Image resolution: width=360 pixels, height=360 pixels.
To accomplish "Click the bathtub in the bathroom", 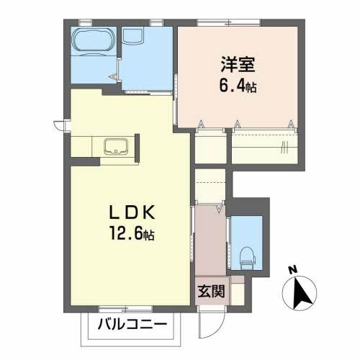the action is point(94,40).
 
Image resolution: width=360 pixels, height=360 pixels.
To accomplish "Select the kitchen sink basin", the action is point(116,146).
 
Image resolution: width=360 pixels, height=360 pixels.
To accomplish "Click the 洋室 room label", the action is point(238,64).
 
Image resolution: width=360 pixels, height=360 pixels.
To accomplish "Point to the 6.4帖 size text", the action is point(238,86).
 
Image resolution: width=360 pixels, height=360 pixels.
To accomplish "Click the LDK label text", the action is point(132,212).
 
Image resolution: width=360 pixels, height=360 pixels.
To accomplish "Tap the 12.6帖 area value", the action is point(132,233).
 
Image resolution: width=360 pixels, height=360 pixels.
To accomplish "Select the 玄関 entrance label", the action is point(211,291).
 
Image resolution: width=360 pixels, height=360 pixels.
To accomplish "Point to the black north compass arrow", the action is point(301,294).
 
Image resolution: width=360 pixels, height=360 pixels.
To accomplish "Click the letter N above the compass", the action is point(292,271).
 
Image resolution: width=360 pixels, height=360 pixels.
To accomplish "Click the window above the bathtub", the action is point(86,22).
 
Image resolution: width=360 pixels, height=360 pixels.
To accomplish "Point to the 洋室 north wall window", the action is point(229,22).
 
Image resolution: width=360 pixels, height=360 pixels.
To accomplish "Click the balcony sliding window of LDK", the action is point(126,309).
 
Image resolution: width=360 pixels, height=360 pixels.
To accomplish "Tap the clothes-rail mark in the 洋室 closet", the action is point(284,147).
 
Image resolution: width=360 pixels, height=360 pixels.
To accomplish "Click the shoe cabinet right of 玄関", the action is point(237,291).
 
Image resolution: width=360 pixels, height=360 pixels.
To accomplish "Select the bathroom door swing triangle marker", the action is point(113,77).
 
